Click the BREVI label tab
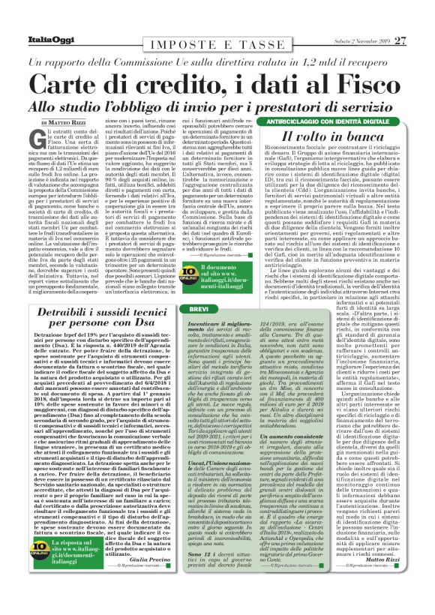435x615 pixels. [x=200, y=330]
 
